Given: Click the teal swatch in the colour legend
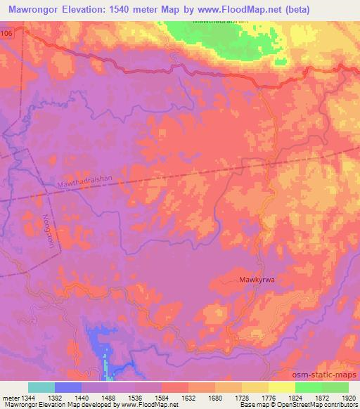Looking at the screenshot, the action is [x=41, y=387].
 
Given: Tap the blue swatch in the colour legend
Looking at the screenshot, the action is [x=68, y=387].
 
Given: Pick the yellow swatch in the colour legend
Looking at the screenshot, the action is [x=281, y=387].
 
